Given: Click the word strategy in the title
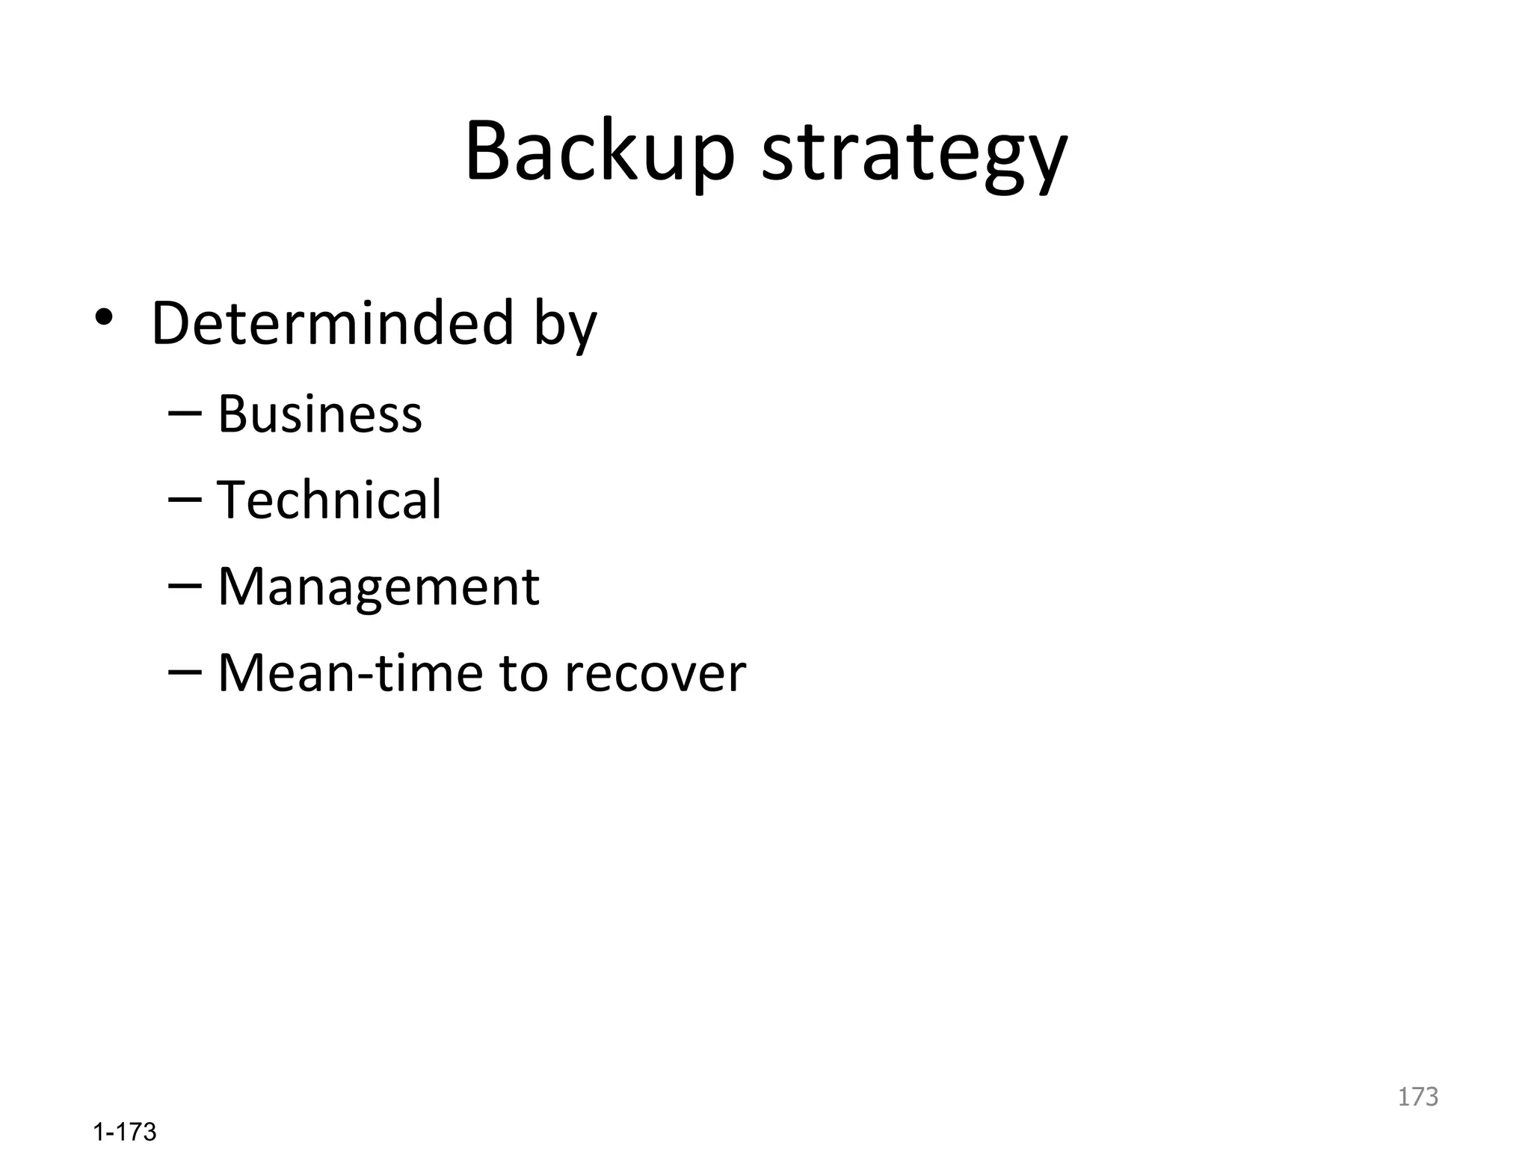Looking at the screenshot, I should [x=914, y=156].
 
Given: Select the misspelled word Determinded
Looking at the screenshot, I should [x=333, y=323].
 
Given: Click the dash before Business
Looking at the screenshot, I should [x=185, y=414].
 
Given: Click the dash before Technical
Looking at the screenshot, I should [x=185, y=500].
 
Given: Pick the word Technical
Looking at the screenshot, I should [x=329, y=500].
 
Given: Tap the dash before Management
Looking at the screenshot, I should [x=185, y=586].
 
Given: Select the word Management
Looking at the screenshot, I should [x=378, y=588].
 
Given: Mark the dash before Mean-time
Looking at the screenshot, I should [x=185, y=672].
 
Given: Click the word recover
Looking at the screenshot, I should [x=655, y=675].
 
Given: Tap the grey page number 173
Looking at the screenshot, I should [x=1417, y=1097].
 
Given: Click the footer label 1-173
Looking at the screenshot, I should [x=125, y=1132].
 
